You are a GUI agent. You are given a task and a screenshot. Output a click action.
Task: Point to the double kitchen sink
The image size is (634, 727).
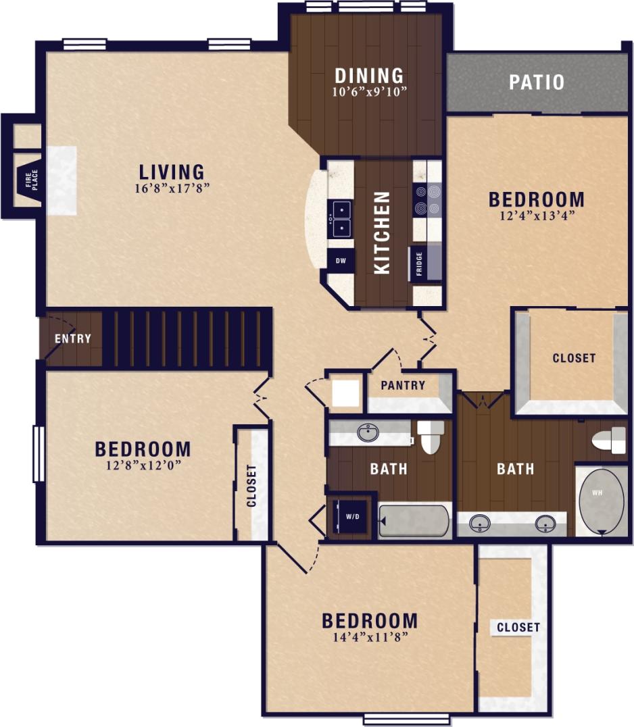click(x=341, y=219)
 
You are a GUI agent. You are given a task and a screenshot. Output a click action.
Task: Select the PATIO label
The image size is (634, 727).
click(x=537, y=82)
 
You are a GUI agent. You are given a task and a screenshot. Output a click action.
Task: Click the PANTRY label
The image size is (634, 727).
click(x=403, y=385)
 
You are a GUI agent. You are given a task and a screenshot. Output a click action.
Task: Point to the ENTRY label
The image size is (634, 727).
click(x=73, y=339)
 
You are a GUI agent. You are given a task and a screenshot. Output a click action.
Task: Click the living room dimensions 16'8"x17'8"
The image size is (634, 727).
click(x=172, y=189)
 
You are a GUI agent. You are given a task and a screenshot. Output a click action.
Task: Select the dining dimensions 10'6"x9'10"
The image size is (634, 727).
click(x=369, y=92)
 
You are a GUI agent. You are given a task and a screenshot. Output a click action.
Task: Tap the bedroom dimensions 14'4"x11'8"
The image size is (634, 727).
click(x=369, y=636)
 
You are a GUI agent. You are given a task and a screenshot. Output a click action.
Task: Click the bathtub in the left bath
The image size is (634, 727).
click(x=414, y=521)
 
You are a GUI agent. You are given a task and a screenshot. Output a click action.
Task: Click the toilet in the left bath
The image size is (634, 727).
click(x=431, y=436)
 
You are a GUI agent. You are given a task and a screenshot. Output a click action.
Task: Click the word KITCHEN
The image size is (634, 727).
click(x=383, y=232)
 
